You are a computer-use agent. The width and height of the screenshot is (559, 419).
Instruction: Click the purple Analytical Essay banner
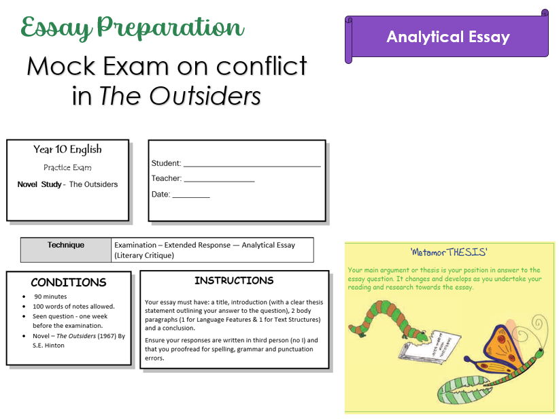coord(448,37)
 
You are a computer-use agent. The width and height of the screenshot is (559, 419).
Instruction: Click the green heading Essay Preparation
coord(133,28)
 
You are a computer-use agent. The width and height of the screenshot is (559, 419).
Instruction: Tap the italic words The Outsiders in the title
coord(180,96)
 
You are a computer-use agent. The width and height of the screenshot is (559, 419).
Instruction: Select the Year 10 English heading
coord(67,150)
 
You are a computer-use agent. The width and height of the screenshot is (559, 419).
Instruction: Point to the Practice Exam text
coord(67,167)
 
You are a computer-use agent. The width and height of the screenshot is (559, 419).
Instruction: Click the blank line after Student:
coord(252,165)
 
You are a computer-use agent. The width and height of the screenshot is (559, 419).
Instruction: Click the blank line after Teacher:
coord(219,180)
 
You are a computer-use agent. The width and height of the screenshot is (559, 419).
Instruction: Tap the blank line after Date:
coord(191,195)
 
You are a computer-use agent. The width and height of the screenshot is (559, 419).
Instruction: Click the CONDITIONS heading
coord(69,282)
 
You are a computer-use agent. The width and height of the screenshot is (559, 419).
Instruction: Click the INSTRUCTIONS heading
coord(234,280)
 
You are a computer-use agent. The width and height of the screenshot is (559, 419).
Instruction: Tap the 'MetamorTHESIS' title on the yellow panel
coord(449,252)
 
